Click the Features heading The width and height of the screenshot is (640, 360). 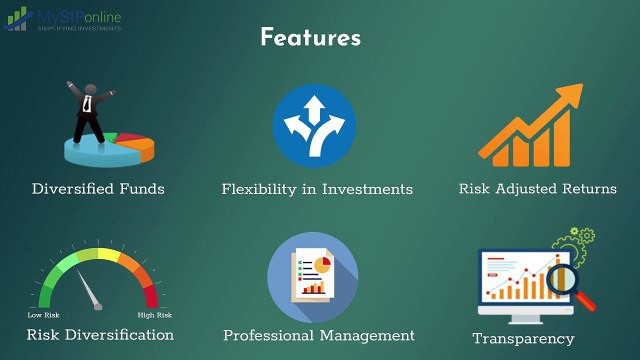310,38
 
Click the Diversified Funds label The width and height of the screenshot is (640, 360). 98,188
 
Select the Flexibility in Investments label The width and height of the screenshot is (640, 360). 317,188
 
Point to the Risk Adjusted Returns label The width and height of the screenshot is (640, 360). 537,188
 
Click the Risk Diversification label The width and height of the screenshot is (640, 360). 100,335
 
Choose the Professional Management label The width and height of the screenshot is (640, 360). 318,335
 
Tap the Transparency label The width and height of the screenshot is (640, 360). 524,338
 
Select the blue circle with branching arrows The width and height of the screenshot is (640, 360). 314,126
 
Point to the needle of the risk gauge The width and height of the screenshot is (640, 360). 92,293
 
